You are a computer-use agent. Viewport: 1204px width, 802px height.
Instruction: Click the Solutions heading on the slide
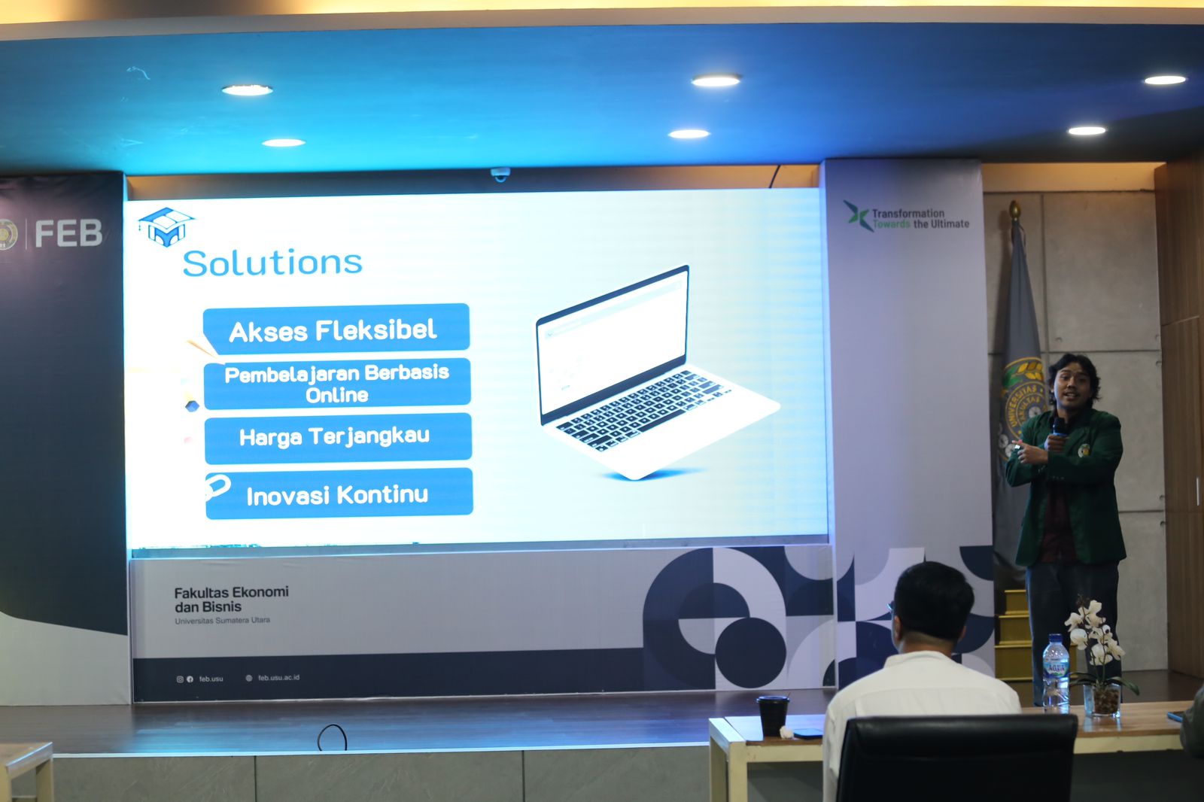coord(272,263)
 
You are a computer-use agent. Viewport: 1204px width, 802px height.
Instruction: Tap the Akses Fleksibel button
coord(336,329)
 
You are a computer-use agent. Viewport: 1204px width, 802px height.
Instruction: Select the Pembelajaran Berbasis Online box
coord(337,383)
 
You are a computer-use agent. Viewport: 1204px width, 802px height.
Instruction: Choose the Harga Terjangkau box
coord(337,437)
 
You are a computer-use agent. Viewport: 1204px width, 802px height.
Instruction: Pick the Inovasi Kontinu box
coord(339,494)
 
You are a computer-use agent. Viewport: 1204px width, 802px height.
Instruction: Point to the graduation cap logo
coord(166,226)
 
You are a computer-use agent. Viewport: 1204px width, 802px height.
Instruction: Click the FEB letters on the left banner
coord(68,234)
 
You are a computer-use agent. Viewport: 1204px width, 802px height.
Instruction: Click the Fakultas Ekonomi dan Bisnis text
coord(230,600)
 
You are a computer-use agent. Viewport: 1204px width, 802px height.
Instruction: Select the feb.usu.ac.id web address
coord(278,678)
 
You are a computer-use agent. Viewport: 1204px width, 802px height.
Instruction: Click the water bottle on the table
coord(1055,672)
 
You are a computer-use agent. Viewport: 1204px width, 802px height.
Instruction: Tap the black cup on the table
coord(773,715)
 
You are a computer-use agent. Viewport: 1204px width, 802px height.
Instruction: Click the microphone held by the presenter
coord(1059,427)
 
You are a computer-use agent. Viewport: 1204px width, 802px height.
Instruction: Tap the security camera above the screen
coord(500,175)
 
